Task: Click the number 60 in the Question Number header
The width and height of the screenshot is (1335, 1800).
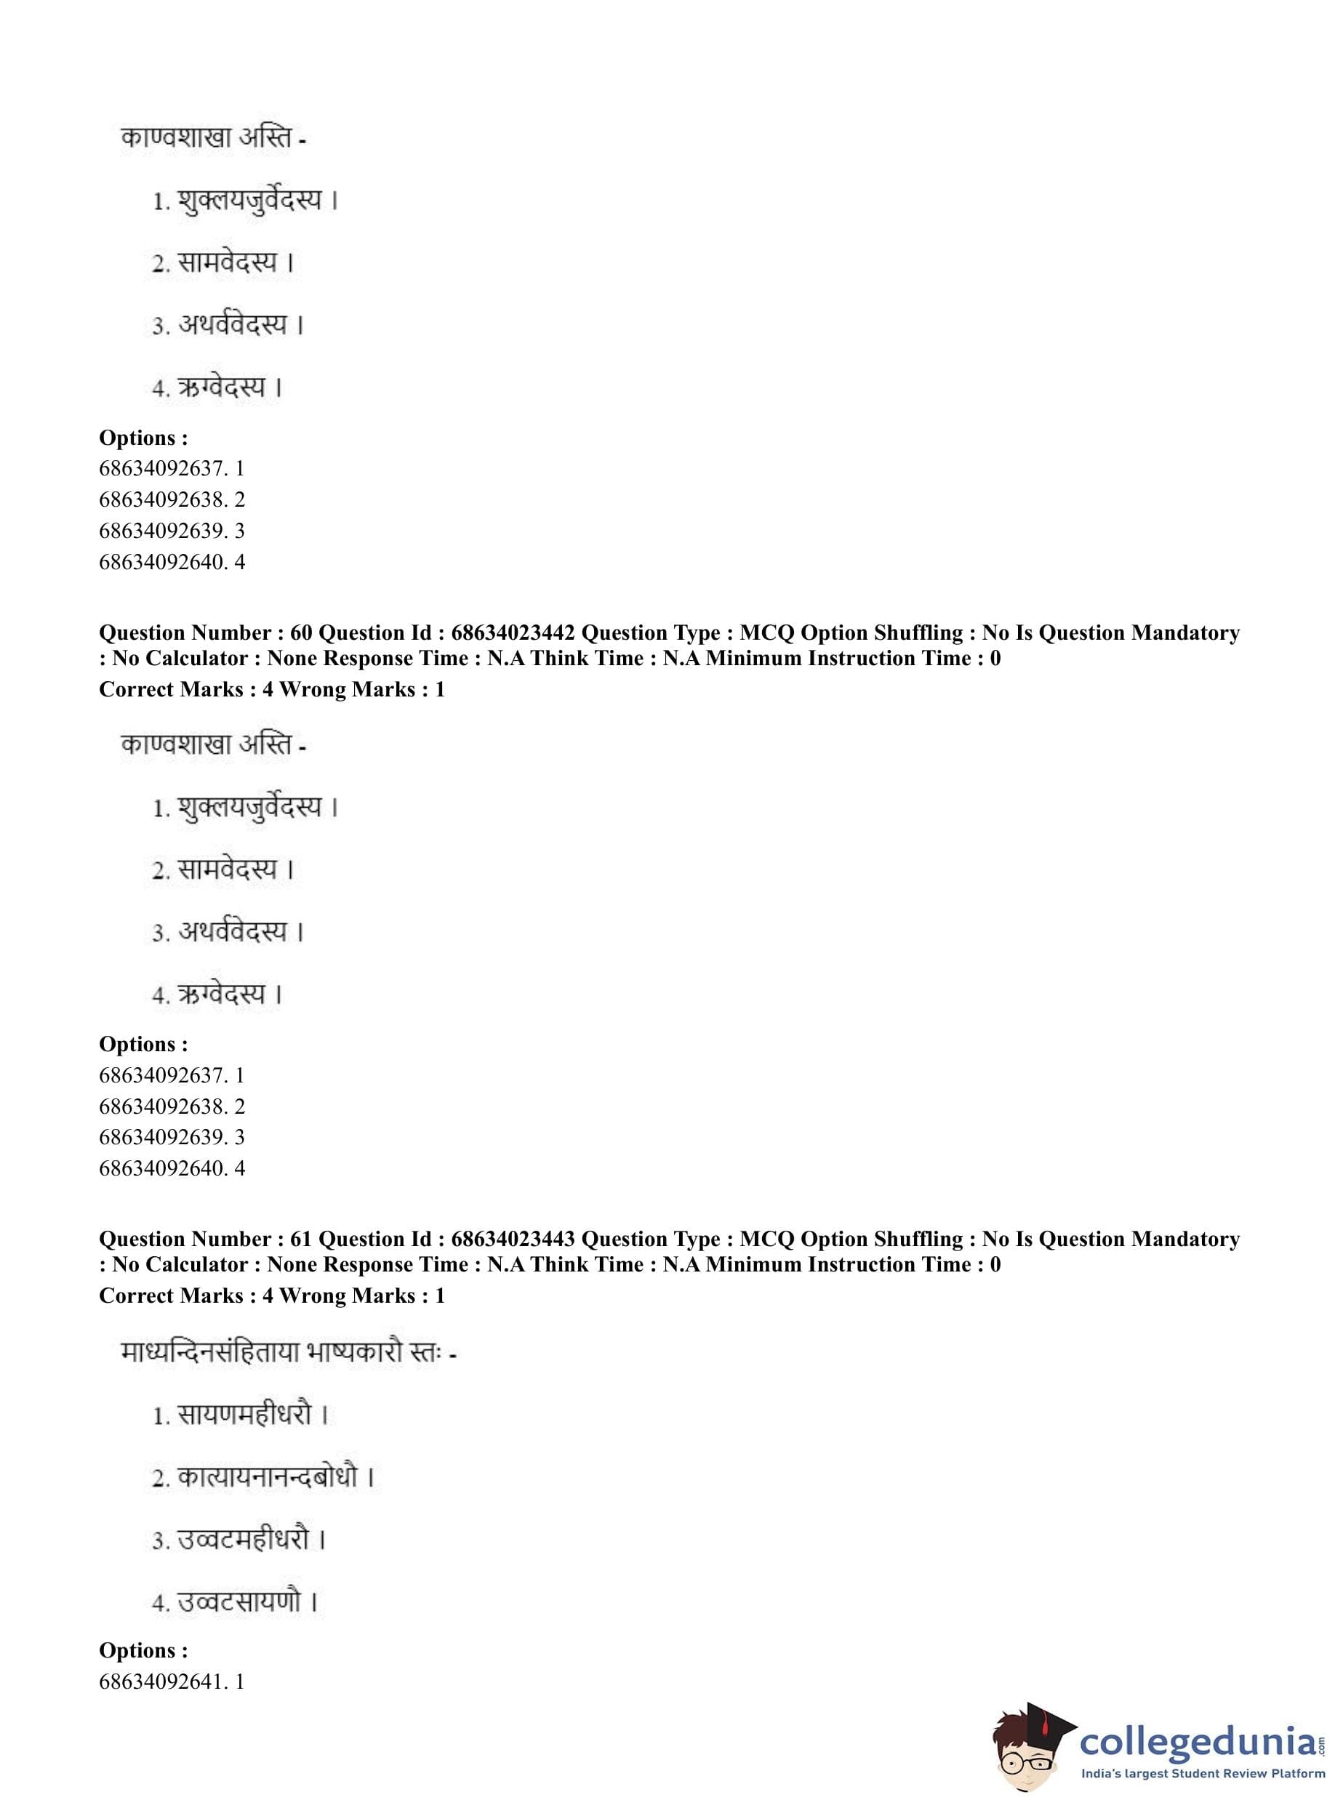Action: tap(300, 632)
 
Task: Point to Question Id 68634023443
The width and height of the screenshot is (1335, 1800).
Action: tap(513, 1239)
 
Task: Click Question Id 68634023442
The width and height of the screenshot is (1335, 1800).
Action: tap(513, 632)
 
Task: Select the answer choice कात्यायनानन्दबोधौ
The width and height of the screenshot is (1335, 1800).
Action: tap(268, 1478)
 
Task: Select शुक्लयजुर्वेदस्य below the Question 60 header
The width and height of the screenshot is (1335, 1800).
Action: tap(249, 807)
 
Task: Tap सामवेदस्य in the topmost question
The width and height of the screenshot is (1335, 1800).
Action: tap(227, 262)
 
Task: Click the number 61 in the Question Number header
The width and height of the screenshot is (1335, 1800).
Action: tap(300, 1239)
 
